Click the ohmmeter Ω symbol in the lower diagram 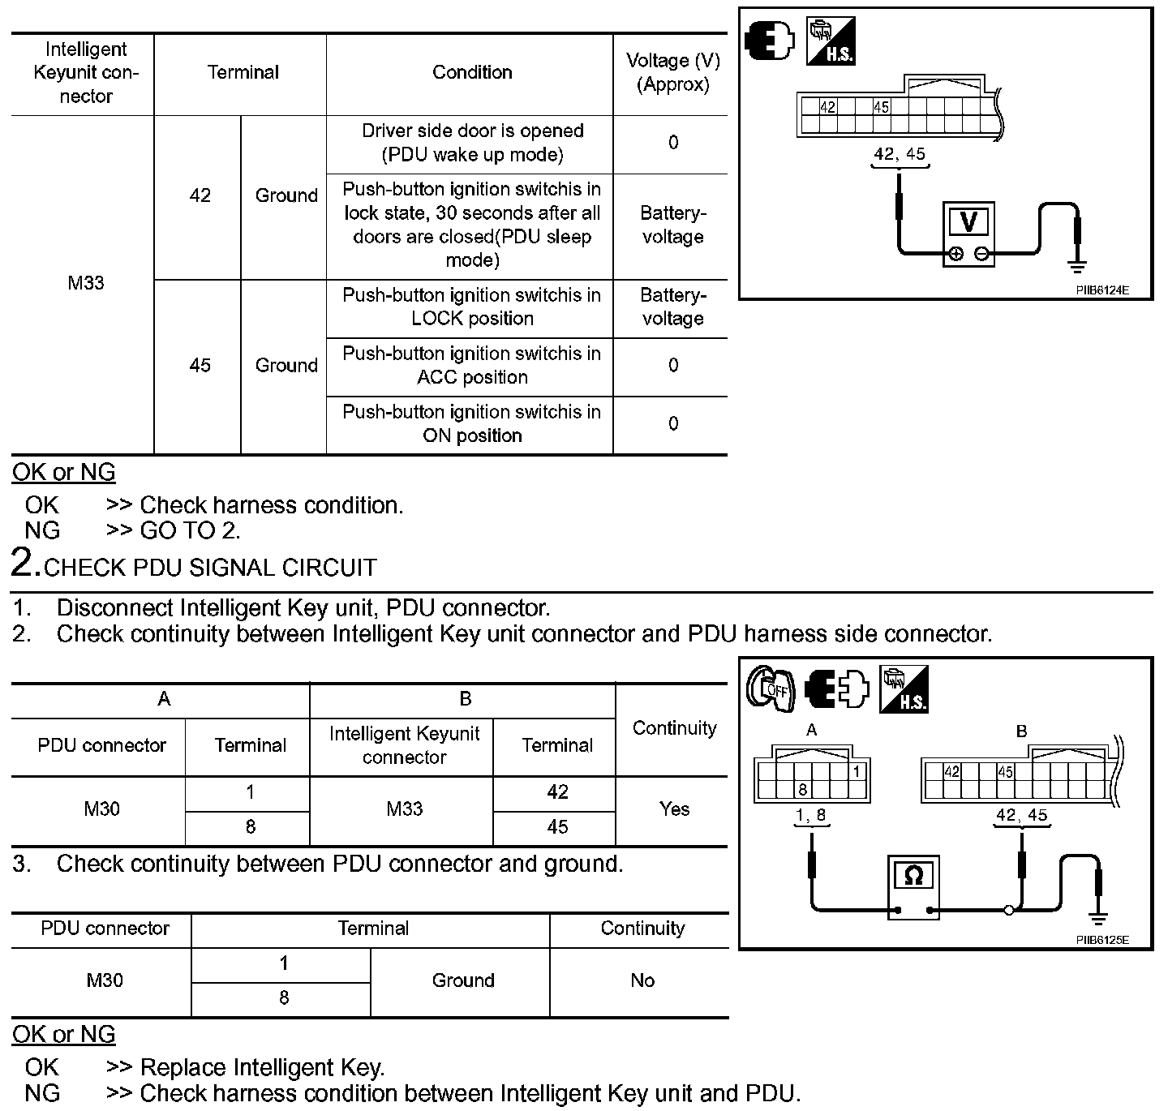tap(912, 876)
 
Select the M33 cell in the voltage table tap(85, 284)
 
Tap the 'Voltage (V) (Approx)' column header tap(672, 73)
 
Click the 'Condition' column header tap(472, 73)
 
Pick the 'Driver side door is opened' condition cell tap(472, 143)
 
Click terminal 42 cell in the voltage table tap(200, 196)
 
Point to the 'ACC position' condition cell tap(472, 366)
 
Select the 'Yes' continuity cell tap(674, 809)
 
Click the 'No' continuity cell tap(642, 981)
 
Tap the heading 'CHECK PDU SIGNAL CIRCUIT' tap(210, 568)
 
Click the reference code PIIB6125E tap(1102, 941)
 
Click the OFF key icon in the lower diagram tap(771, 689)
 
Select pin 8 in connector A tap(802, 789)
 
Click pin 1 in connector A tap(857, 771)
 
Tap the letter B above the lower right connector tap(1021, 731)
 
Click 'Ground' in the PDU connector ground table tap(462, 981)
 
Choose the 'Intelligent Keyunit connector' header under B tap(404, 745)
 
